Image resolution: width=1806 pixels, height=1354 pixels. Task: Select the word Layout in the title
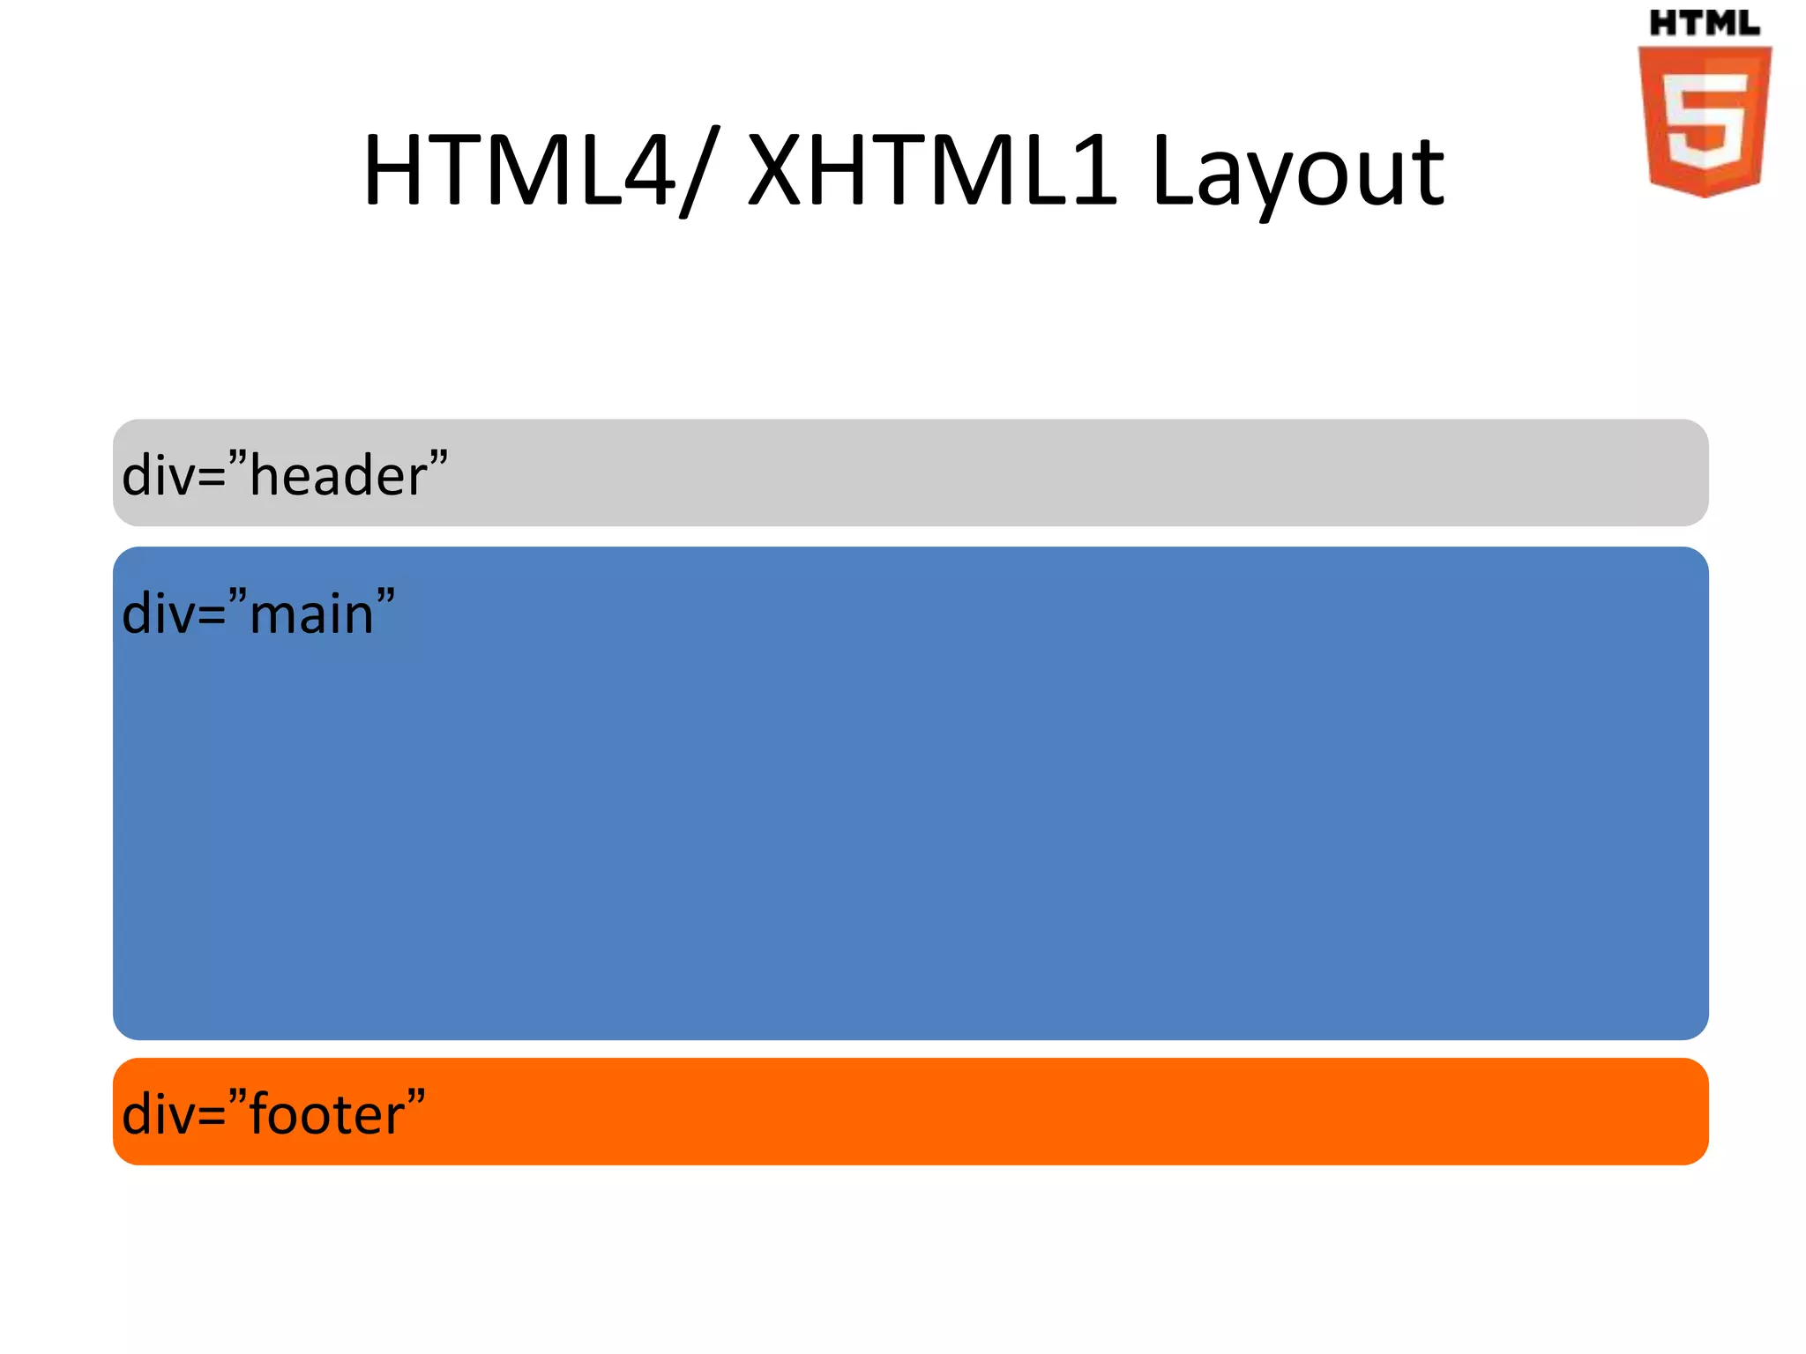1297,172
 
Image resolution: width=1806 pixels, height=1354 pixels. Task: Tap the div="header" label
285,475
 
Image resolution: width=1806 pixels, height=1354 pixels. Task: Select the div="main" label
258,613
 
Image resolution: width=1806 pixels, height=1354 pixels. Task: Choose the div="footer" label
273,1113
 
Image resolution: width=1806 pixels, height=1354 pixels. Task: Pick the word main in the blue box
311,614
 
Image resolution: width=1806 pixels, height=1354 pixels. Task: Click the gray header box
1058,473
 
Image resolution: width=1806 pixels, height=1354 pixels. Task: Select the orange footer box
1058,1112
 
